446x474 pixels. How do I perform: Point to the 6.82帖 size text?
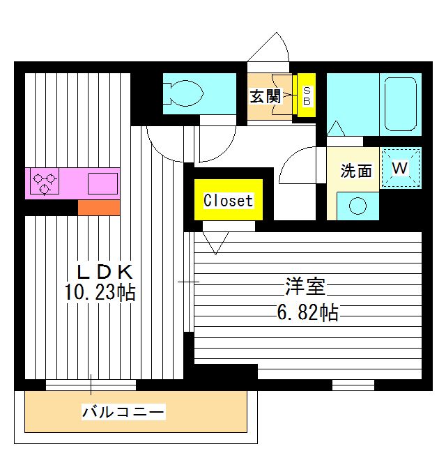click(307, 313)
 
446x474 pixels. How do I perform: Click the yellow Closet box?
click(228, 200)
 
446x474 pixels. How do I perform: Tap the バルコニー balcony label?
click(124, 413)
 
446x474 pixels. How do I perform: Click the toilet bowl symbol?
click(183, 93)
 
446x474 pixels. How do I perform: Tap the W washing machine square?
click(401, 169)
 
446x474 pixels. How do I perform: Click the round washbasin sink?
click(357, 206)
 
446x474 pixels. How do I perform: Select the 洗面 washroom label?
click(355, 171)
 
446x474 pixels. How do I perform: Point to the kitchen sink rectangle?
click(102, 183)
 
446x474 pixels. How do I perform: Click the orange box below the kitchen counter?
click(98, 208)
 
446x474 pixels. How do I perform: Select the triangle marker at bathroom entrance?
click(335, 128)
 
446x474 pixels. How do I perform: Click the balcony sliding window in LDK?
click(91, 384)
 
